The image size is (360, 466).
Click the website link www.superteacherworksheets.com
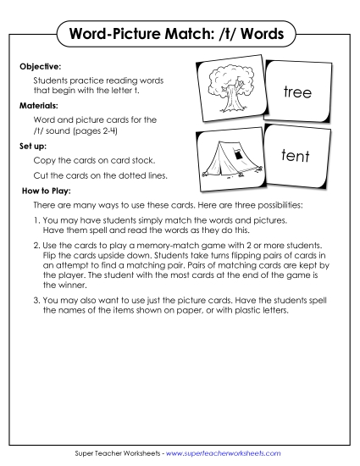point(226,454)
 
